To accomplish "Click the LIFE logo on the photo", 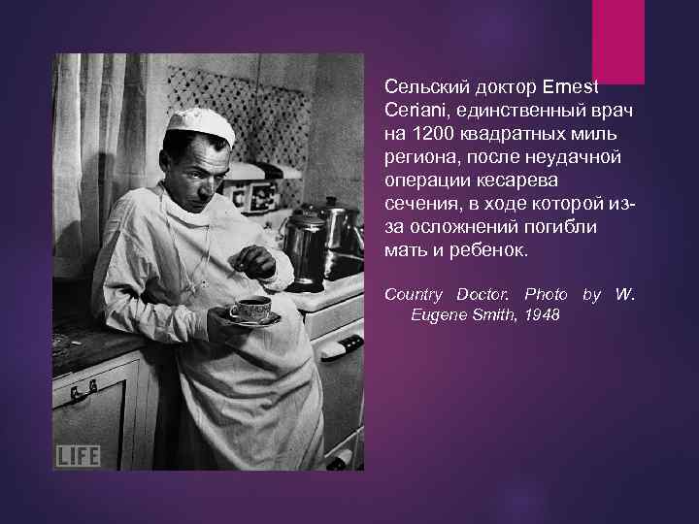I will click(78, 455).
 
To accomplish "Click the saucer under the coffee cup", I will click(254, 319).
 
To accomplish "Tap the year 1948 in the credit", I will click(542, 316).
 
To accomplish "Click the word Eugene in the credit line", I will click(437, 316).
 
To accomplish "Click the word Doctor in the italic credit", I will click(483, 293).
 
